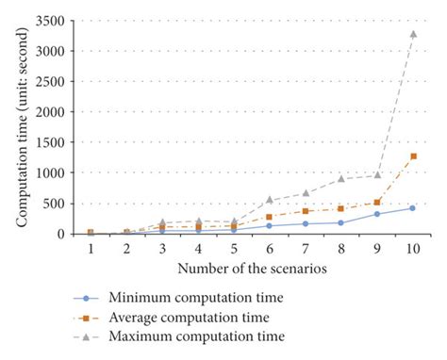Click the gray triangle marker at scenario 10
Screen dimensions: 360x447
[412, 34]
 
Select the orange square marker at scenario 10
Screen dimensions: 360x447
[412, 156]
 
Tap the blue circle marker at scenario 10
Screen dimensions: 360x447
[412, 207]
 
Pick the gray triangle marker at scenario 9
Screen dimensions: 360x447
[376, 174]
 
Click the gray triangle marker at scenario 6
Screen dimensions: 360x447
[269, 199]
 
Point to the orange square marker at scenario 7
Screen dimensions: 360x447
[305, 211]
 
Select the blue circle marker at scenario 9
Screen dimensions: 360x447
[376, 214]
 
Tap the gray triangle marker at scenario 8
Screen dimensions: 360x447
[340, 178]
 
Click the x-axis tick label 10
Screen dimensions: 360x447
[412, 248]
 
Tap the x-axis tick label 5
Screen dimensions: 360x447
[233, 248]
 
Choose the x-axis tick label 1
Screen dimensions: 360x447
[90, 248]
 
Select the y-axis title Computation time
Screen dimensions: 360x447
[21, 127]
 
